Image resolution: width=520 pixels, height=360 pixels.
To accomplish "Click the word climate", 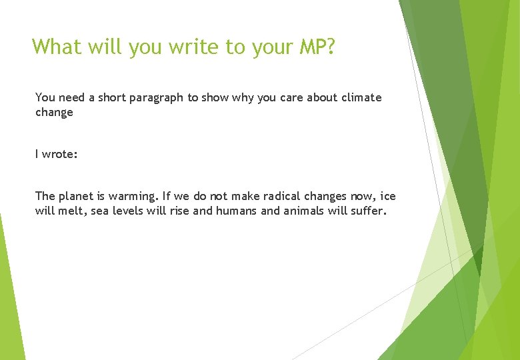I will point(361,97).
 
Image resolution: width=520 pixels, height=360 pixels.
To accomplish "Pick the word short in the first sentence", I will point(111,97).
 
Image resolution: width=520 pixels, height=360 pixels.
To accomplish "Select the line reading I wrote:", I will point(57,154).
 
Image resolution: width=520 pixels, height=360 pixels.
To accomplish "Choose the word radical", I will point(277,196).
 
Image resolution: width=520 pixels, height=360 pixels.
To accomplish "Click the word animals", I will point(303,211).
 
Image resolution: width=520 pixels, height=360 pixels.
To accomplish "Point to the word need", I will point(72,97).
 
